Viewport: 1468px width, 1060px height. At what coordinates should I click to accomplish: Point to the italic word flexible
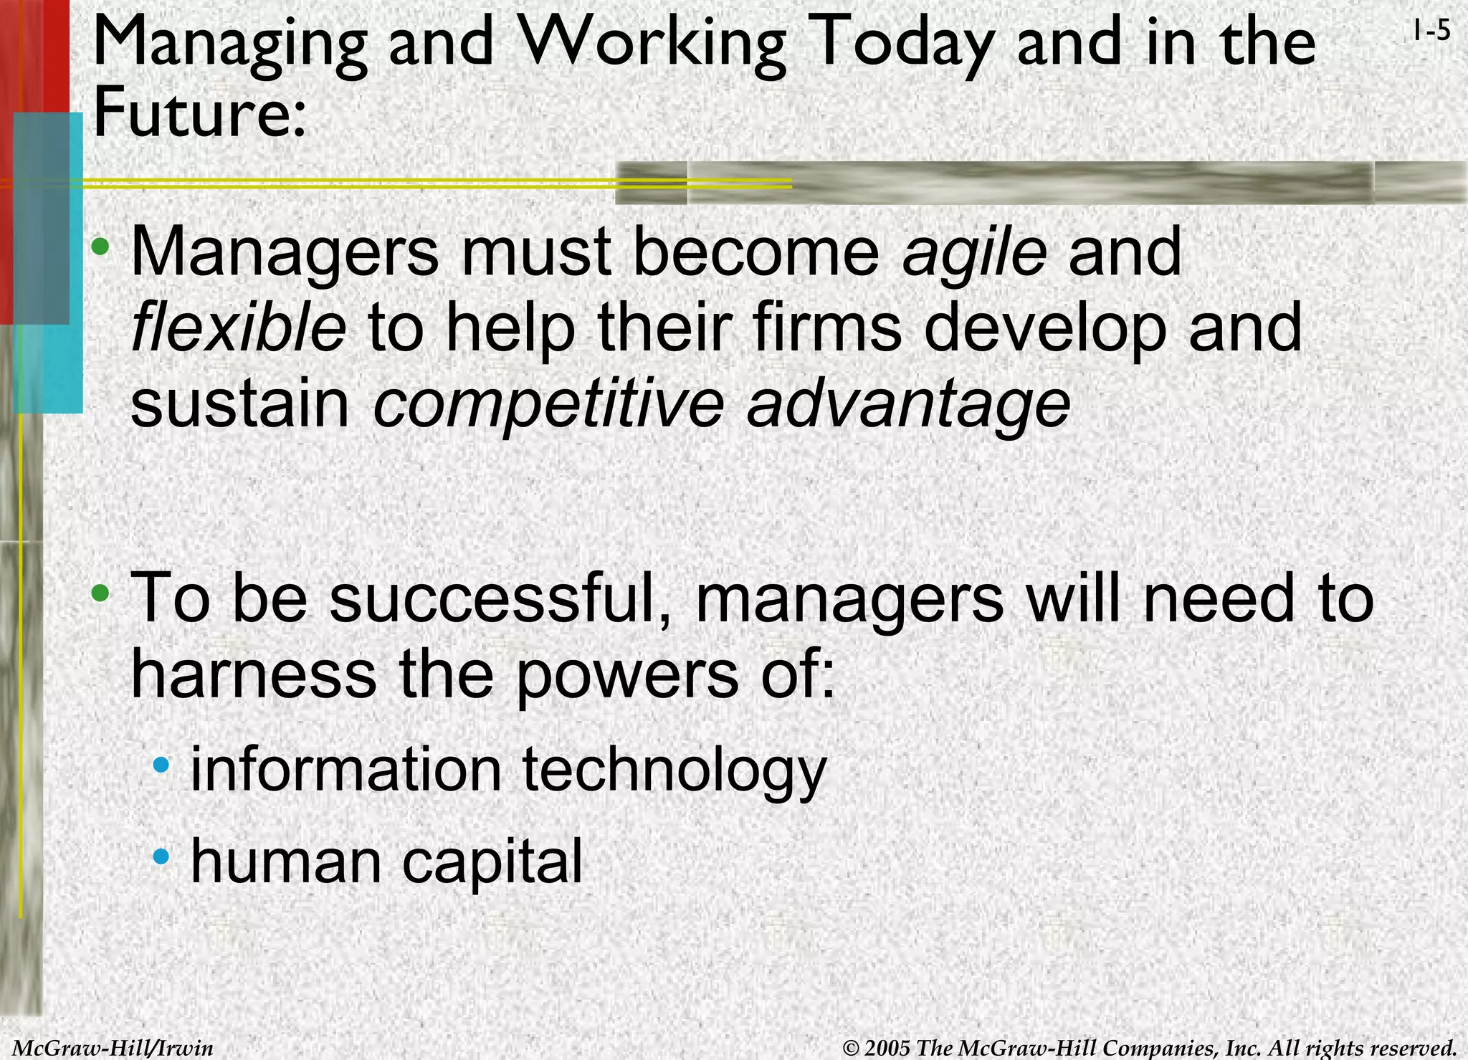tap(239, 328)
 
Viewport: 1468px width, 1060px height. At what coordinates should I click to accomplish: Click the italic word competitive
tap(549, 404)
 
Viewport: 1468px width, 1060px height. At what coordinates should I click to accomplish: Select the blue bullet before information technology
tap(162, 765)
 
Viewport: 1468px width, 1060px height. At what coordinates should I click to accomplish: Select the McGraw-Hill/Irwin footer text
tap(113, 1048)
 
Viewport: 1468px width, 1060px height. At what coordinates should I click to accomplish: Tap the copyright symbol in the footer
tap(851, 1049)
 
